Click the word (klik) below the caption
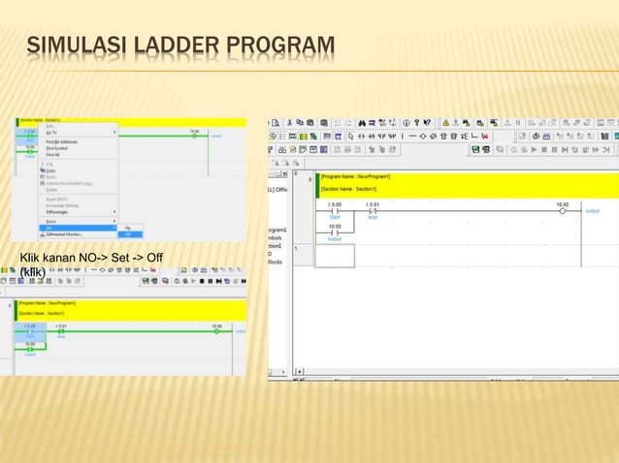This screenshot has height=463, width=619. (x=33, y=271)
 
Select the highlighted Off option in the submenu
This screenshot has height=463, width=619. (x=128, y=234)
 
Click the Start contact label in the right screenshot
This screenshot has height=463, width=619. (x=335, y=217)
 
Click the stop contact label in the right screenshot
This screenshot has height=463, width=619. (x=373, y=217)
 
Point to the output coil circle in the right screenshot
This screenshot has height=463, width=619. (x=562, y=210)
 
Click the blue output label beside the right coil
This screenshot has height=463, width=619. (x=593, y=210)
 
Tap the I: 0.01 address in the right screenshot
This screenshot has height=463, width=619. (x=373, y=203)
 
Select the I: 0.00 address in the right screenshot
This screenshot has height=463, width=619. (x=335, y=203)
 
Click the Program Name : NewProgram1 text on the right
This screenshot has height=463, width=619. (x=356, y=177)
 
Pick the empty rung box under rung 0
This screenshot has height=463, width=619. (x=335, y=256)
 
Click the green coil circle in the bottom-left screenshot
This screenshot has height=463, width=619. (x=216, y=331)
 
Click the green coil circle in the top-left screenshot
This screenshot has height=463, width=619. (x=195, y=136)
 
